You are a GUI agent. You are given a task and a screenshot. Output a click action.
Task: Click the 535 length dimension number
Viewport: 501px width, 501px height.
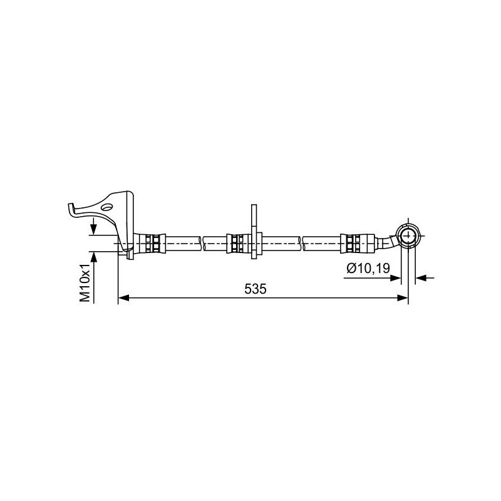pyautogui.click(x=255, y=289)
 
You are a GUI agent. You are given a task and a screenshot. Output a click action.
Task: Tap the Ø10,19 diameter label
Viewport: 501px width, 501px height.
pyautogui.click(x=368, y=269)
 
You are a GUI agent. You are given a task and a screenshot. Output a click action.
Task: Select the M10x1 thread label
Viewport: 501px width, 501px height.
pyautogui.click(x=85, y=284)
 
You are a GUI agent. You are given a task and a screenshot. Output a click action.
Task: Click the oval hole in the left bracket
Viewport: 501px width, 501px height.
pyautogui.click(x=106, y=207)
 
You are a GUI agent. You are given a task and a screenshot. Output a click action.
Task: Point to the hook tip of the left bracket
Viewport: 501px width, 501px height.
pyautogui.click(x=69, y=205)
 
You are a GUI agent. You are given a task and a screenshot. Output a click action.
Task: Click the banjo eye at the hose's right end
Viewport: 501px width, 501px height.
pyautogui.click(x=408, y=236)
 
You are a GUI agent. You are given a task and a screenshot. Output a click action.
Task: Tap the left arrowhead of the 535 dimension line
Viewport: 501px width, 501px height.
pyautogui.click(x=123, y=298)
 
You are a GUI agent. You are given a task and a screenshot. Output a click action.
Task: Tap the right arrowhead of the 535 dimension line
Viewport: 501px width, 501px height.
pyautogui.click(x=403, y=298)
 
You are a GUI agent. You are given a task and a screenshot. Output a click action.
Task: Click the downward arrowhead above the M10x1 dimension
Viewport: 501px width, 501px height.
pyautogui.click(x=93, y=229)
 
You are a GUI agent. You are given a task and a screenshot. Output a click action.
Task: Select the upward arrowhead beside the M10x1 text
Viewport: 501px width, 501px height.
pyautogui.click(x=93, y=257)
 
